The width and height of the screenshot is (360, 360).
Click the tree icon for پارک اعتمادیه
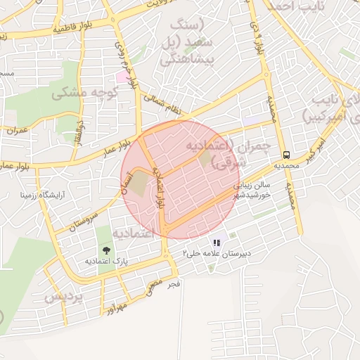pos(106,250)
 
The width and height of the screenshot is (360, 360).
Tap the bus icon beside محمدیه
pos(286,155)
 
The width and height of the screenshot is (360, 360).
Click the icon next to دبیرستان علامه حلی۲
pos(217,243)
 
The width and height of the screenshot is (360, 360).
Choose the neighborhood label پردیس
pos(64,297)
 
